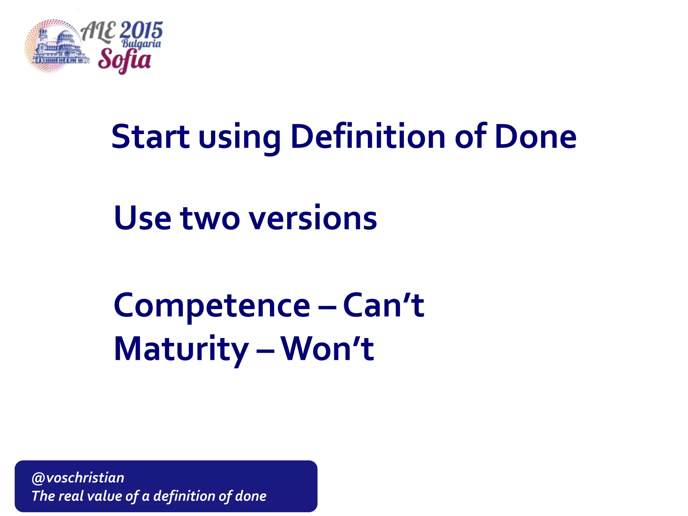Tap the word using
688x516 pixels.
click(240, 138)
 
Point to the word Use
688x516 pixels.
click(142, 218)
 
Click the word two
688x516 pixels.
click(210, 219)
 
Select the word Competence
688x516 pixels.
click(212, 306)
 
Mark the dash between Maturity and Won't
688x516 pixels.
click(265, 351)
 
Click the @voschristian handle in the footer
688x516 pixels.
click(78, 478)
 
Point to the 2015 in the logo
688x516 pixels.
click(141, 30)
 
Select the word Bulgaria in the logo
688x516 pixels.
click(141, 44)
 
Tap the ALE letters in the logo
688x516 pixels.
click(98, 32)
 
